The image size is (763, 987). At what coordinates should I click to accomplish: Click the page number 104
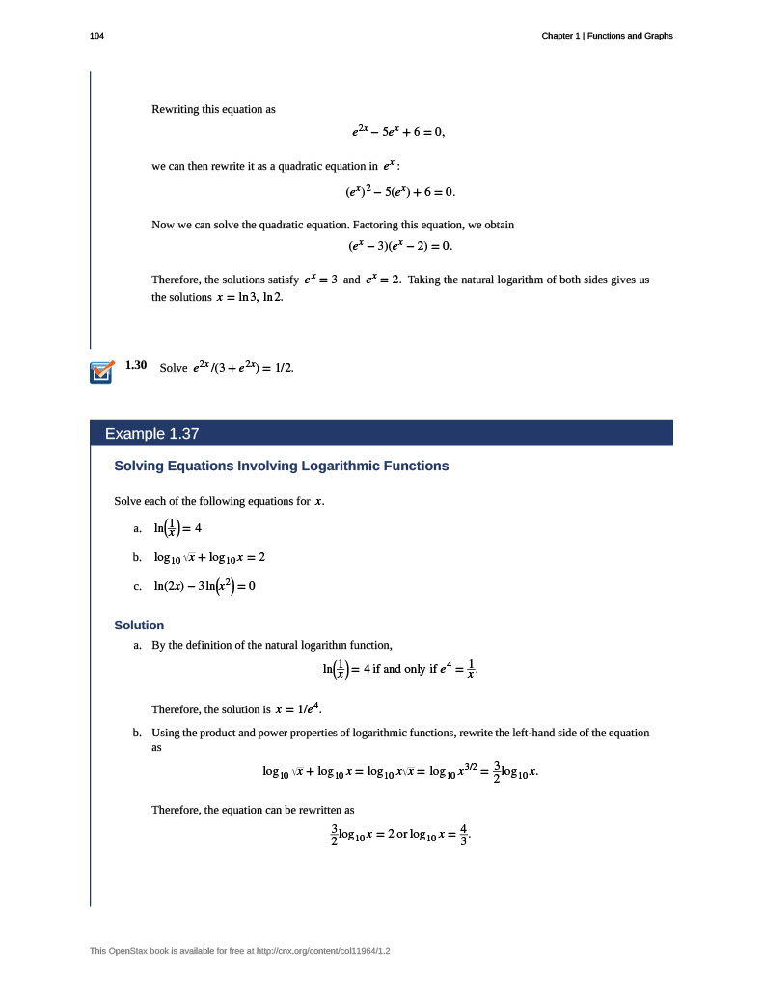pyautogui.click(x=95, y=36)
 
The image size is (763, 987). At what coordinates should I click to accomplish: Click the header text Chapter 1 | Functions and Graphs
pyautogui.click(x=607, y=36)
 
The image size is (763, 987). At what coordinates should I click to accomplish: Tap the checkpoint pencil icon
pyautogui.click(x=101, y=372)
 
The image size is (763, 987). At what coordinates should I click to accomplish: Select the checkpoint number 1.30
pyautogui.click(x=136, y=366)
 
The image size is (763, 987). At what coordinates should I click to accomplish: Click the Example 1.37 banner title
pyautogui.click(x=151, y=434)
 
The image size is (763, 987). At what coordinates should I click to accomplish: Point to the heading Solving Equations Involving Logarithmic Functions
pyautogui.click(x=282, y=466)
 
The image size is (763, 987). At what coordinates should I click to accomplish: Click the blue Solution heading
pyautogui.click(x=139, y=625)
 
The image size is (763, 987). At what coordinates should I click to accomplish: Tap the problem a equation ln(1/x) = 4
pyautogui.click(x=177, y=528)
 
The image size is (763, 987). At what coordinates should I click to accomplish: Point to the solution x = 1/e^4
pyautogui.click(x=298, y=709)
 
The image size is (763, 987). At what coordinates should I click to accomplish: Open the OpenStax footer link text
pyautogui.click(x=240, y=951)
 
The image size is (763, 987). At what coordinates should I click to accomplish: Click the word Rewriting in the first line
pyautogui.click(x=176, y=109)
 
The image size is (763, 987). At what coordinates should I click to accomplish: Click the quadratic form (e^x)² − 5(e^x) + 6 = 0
pyautogui.click(x=399, y=191)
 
